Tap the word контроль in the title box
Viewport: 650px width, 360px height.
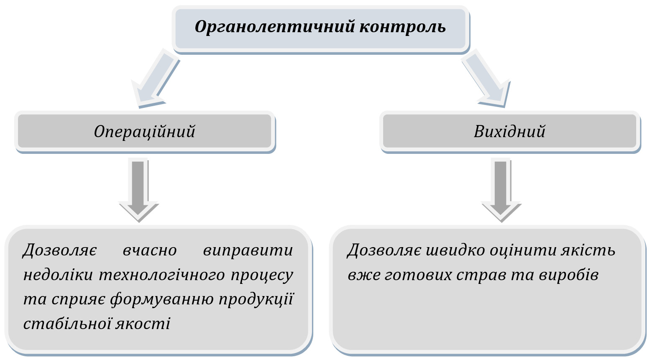(x=402, y=27)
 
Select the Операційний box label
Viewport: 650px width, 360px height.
(x=145, y=132)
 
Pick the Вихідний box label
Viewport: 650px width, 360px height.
(x=509, y=132)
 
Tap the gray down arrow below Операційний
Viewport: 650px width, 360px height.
(x=138, y=188)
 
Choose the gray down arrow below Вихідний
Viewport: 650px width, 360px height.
(x=501, y=188)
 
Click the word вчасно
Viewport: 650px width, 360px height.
(x=150, y=250)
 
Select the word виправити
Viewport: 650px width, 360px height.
(x=248, y=250)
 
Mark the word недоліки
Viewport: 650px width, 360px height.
(x=59, y=275)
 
